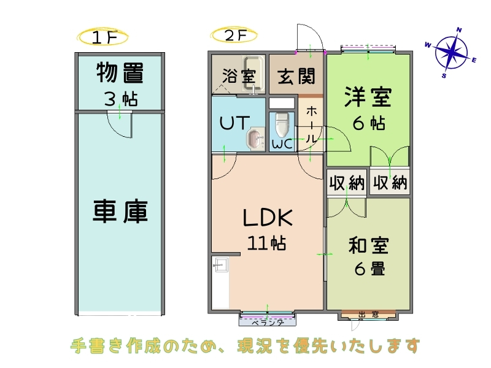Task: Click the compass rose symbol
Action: pyautogui.click(x=452, y=52)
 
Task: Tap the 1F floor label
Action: pyautogui.click(x=103, y=37)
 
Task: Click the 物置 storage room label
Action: pyautogui.click(x=120, y=74)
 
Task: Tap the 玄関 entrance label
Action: pyautogui.click(x=296, y=77)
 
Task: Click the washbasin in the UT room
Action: pyautogui.click(x=253, y=139)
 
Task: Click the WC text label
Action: pyautogui.click(x=282, y=145)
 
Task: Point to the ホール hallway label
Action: pyautogui.click(x=312, y=126)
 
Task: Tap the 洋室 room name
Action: pyautogui.click(x=368, y=96)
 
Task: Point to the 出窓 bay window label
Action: pyautogui.click(x=368, y=315)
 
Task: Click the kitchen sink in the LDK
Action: pyautogui.click(x=220, y=266)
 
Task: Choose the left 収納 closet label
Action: pyautogui.click(x=347, y=183)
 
